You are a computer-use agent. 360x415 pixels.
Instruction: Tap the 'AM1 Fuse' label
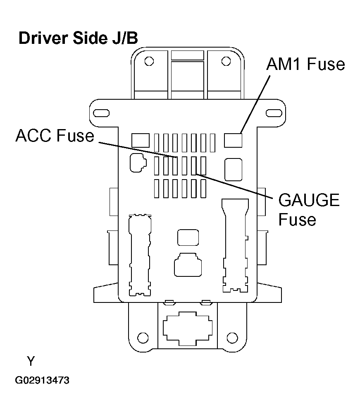305,64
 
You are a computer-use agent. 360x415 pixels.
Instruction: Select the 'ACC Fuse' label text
55,136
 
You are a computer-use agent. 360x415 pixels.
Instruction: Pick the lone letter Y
31,361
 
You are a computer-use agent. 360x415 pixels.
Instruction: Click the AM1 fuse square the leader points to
233,140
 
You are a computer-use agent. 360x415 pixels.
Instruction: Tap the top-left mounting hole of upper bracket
149,61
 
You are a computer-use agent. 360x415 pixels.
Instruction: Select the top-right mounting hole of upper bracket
225,61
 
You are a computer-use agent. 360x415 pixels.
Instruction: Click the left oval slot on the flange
100,113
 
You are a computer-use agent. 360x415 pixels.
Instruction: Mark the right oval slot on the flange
273,113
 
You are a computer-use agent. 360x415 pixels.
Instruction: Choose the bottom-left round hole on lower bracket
142,336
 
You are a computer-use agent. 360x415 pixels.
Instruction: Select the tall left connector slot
138,254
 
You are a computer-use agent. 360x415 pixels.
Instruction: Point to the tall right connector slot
235,246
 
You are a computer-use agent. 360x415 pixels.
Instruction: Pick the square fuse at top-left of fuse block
140,140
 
